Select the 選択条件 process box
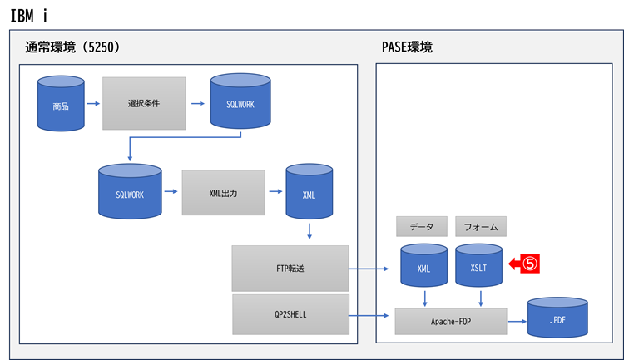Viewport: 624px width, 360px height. (x=144, y=104)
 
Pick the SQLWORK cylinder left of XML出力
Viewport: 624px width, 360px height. (x=130, y=192)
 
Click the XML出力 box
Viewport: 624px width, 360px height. (x=223, y=192)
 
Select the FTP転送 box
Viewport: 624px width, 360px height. (x=290, y=268)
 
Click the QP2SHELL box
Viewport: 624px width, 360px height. (x=290, y=316)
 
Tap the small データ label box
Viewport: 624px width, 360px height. (x=422, y=226)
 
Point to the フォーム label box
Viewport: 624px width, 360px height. (x=481, y=226)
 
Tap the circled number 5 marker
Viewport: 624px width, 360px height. (x=532, y=264)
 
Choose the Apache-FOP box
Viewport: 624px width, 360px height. (x=451, y=320)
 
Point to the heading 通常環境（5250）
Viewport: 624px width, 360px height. (x=73, y=48)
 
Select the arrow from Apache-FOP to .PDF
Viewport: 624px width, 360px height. (x=517, y=320)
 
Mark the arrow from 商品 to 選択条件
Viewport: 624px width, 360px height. (x=92, y=104)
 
